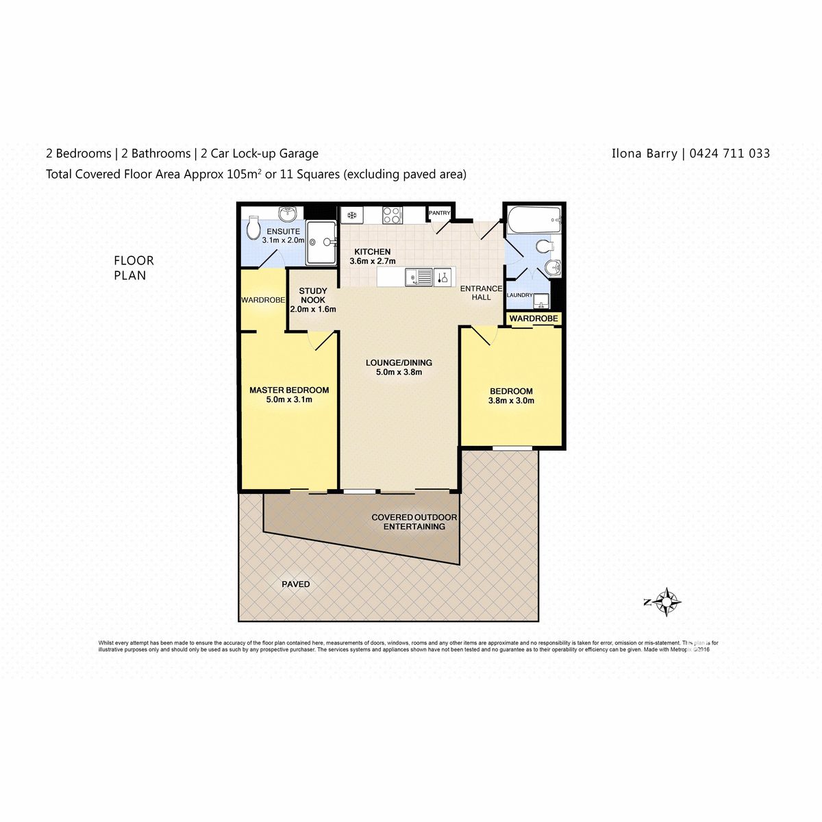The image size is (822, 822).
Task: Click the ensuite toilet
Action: (x=253, y=228)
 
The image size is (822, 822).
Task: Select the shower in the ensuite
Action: (x=321, y=242)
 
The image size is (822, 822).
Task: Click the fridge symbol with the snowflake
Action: (x=352, y=215)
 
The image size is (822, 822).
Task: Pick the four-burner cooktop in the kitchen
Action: (x=393, y=215)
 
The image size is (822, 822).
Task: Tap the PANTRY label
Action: (x=439, y=214)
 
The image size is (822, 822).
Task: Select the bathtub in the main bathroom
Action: (x=534, y=221)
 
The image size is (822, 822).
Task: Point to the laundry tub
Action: (x=542, y=300)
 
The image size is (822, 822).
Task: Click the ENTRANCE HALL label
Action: (x=481, y=293)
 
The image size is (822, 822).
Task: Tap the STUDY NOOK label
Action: (x=313, y=295)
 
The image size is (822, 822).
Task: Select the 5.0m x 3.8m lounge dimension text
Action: (x=399, y=373)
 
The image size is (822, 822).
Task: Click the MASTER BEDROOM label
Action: (x=289, y=390)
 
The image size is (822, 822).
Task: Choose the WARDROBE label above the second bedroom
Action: (x=534, y=319)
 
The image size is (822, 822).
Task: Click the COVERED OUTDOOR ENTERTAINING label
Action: (x=414, y=522)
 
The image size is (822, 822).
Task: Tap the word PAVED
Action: (x=296, y=584)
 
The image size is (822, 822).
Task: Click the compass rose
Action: (x=666, y=602)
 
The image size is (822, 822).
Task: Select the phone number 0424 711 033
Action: (x=730, y=153)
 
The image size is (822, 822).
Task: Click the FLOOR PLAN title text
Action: (x=134, y=268)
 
